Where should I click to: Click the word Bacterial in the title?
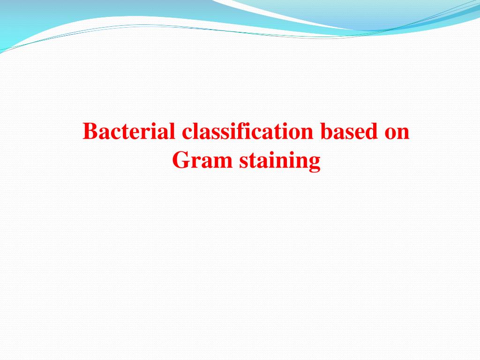[x=130, y=132]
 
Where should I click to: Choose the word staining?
[x=280, y=162]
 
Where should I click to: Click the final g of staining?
[x=315, y=164]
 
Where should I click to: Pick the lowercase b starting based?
[x=326, y=132]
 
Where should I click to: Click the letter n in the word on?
[x=404, y=134]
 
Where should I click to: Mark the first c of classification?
[x=187, y=134]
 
